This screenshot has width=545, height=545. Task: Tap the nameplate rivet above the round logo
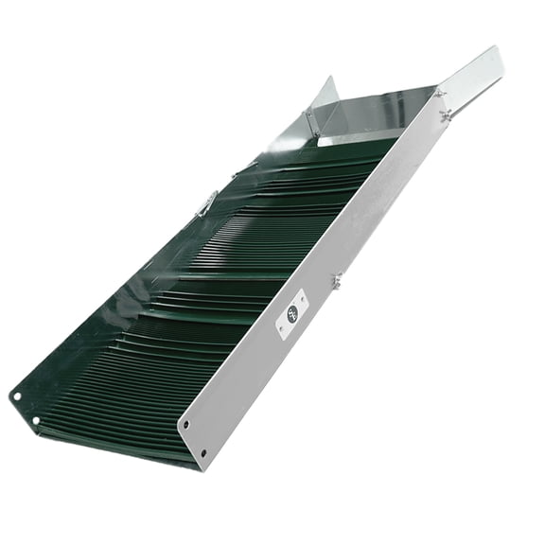301,295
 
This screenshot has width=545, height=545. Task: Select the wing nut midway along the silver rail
337,279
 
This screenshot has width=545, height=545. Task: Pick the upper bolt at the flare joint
437,92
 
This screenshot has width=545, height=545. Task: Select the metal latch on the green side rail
206,202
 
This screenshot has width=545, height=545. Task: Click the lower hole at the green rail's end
35,420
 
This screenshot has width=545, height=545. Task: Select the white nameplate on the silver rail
291,311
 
